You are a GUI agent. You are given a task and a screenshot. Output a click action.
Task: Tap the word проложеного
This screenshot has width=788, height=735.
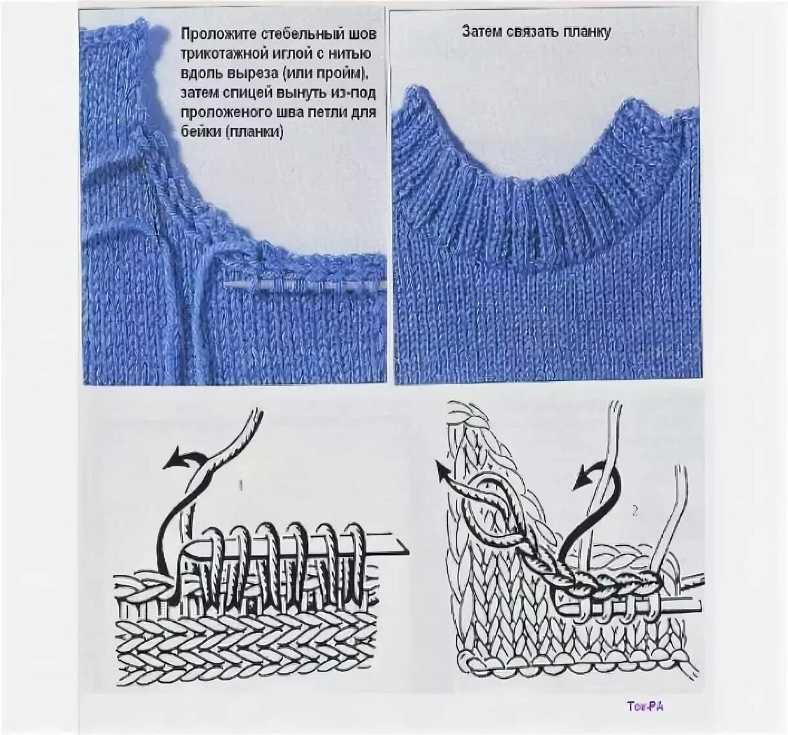tap(223, 113)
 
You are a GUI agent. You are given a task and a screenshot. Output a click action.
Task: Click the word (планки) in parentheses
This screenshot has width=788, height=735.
tap(255, 133)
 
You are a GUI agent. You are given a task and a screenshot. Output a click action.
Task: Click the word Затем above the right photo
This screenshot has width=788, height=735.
tap(482, 32)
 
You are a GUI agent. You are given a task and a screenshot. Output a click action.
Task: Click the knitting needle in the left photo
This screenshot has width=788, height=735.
tap(305, 286)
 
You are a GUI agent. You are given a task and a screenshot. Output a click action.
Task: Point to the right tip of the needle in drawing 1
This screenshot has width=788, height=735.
tap(408, 550)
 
